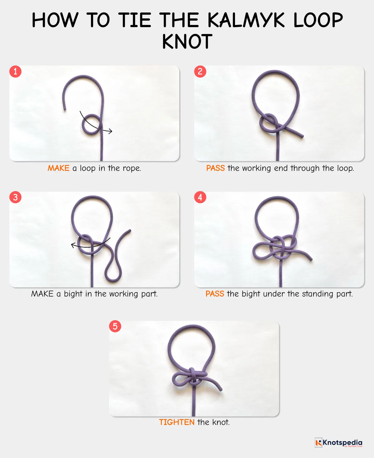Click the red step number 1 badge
[15, 71]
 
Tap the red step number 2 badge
[200, 71]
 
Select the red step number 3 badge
[15, 197]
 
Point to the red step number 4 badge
[200, 197]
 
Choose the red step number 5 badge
[115, 326]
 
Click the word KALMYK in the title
[246, 20]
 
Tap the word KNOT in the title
[187, 42]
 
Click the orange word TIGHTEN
[177, 422]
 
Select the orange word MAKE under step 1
[58, 168]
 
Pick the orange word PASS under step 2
[215, 168]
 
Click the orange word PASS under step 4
[215, 294]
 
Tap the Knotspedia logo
[338, 443]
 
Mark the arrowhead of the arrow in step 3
[73, 245]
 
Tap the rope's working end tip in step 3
[130, 231]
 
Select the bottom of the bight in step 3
[113, 278]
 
